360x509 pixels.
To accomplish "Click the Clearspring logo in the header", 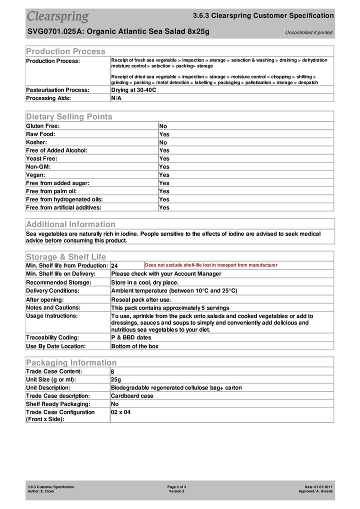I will (57, 17).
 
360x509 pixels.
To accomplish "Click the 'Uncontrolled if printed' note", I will (308, 32).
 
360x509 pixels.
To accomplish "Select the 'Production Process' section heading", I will (65, 51).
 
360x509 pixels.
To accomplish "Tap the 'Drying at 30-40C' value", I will (133, 90).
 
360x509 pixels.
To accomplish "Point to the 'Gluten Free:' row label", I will (42, 126).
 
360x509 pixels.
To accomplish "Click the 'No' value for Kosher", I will (163, 142).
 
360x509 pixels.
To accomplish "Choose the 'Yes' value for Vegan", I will (164, 175).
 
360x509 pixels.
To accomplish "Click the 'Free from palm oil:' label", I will (51, 191).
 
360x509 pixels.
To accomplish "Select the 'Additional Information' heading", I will (70, 224).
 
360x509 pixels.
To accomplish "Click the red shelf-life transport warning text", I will (211, 265).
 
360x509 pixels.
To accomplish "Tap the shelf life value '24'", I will (114, 266).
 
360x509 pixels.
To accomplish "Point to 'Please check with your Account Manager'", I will (166, 273).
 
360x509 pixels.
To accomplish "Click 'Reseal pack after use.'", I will (141, 299).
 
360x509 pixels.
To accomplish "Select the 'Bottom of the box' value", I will (134, 346).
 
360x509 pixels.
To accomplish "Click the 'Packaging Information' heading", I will (71, 362).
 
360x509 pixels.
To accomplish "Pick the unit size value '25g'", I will (115, 379).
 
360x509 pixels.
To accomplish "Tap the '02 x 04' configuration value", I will (120, 412).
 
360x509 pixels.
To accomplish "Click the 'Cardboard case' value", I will (132, 395).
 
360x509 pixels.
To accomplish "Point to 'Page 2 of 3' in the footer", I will (177, 486).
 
